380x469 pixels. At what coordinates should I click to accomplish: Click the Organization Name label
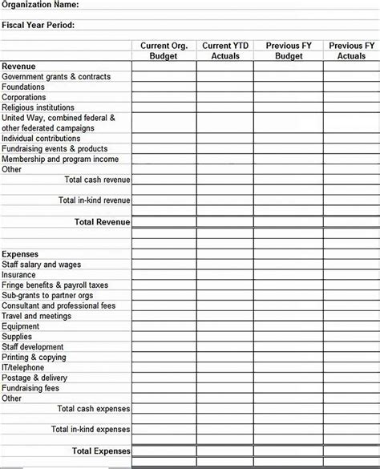tap(39, 5)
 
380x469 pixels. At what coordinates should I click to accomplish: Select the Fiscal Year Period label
tap(38, 26)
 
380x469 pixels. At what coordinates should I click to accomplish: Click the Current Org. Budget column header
tap(164, 51)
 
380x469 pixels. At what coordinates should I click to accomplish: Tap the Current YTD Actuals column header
tap(224, 51)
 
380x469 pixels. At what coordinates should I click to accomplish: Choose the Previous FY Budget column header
tap(289, 51)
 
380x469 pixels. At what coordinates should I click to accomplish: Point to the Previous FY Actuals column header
tap(351, 51)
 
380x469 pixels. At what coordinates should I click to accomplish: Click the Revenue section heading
tap(18, 66)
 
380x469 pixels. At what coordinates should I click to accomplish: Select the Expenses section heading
tap(20, 254)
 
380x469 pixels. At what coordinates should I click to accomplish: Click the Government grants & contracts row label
tap(56, 76)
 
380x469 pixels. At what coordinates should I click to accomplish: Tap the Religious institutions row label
tap(38, 107)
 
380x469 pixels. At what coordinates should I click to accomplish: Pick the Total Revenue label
tap(102, 221)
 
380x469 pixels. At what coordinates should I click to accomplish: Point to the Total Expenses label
tap(101, 451)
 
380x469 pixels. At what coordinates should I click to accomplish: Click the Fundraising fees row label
tap(30, 388)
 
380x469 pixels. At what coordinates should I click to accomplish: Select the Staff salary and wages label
tap(42, 265)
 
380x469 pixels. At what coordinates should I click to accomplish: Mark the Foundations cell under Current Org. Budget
tap(164, 87)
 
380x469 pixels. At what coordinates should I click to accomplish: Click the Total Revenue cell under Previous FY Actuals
tap(351, 221)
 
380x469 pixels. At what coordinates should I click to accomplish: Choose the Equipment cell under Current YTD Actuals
tap(224, 326)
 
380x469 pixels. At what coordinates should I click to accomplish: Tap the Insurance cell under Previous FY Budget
tap(289, 275)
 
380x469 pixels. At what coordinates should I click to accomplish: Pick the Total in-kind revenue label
tap(94, 200)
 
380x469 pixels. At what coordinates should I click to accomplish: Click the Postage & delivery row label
tap(34, 378)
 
